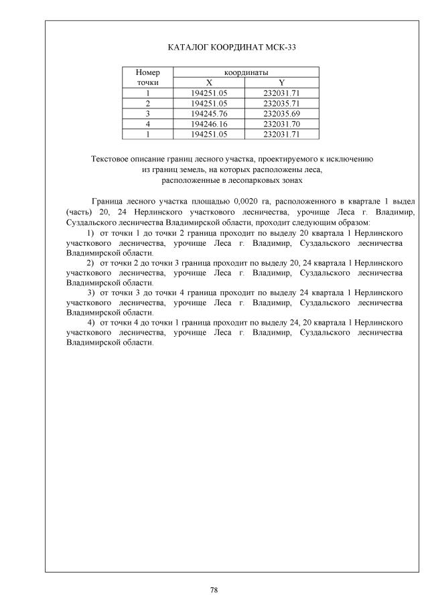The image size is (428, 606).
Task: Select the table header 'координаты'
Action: (x=246, y=72)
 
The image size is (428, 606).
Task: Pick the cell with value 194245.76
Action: (x=209, y=114)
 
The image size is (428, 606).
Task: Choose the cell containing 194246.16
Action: (x=209, y=124)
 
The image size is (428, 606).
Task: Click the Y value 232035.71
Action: (x=282, y=104)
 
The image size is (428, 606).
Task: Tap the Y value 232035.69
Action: (x=282, y=114)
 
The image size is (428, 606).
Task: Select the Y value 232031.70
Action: (x=282, y=124)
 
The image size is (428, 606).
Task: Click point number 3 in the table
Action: (x=147, y=114)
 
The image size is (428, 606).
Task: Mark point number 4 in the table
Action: (x=147, y=124)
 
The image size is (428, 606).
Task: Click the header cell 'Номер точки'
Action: (x=147, y=77)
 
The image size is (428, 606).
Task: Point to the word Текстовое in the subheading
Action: (x=111, y=159)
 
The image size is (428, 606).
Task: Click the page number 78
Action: (x=214, y=590)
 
